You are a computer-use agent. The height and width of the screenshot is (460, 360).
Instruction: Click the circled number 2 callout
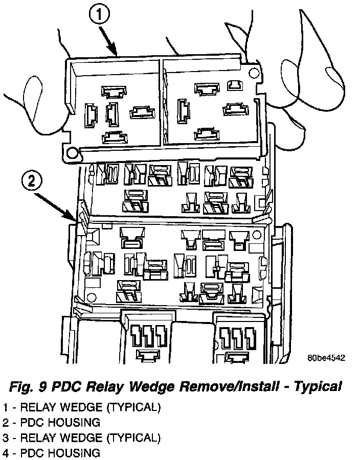coord(32,181)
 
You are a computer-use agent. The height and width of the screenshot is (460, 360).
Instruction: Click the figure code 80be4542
coord(326,358)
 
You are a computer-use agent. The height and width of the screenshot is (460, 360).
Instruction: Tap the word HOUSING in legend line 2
coord(74,423)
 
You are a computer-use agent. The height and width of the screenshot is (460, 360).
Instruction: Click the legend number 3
coord(6,438)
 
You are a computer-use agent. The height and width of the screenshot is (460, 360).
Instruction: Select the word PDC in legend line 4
coord(32,453)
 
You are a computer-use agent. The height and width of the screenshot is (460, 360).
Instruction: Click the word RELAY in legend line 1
coord(38,407)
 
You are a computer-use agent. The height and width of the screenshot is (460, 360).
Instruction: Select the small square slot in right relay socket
coord(235,84)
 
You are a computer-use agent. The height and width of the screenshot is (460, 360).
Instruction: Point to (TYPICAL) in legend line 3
coord(133,438)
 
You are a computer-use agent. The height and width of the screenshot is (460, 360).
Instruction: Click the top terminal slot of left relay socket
coord(114,91)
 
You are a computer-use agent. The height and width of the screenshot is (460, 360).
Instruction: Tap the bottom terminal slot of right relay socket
coord(207,134)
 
